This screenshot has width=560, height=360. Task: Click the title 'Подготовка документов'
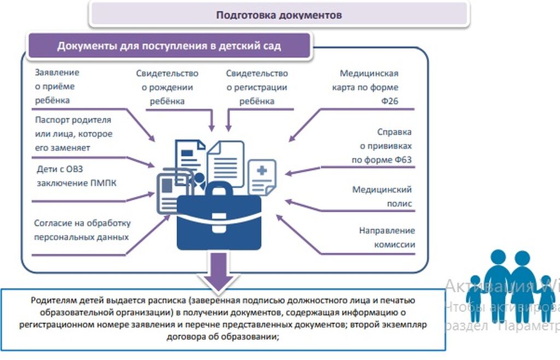279,15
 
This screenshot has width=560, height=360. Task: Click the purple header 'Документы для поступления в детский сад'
169,45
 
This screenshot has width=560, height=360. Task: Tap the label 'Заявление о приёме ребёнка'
57,86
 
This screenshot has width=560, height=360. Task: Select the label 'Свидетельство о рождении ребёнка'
167,87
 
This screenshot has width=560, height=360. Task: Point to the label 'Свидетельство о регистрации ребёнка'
256,87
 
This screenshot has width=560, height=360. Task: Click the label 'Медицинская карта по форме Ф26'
369,87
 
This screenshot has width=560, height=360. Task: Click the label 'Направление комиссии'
387,237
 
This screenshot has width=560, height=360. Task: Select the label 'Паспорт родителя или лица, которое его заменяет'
73,133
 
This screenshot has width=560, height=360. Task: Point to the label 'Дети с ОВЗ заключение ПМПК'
77,176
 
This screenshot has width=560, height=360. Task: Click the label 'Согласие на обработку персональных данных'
82,230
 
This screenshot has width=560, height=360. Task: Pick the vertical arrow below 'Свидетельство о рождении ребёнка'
212,120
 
